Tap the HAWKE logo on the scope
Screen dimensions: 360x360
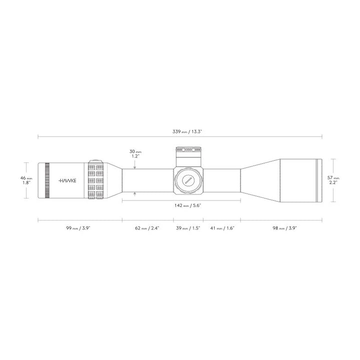[x=67, y=180]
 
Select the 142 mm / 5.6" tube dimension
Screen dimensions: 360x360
[x=181, y=205]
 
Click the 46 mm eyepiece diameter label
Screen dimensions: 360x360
[x=26, y=177]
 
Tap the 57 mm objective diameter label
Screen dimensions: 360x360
[x=333, y=177]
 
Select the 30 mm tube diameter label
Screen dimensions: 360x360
[x=135, y=151]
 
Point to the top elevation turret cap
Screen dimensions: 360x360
[x=188, y=149]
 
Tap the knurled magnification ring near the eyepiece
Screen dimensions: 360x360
[x=96, y=180]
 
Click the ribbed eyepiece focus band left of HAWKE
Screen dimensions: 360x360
[x=47, y=180]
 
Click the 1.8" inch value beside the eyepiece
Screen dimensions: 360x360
[x=26, y=183]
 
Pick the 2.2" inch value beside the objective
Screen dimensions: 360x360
[x=333, y=183]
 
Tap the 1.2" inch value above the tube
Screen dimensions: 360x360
[x=134, y=156]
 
